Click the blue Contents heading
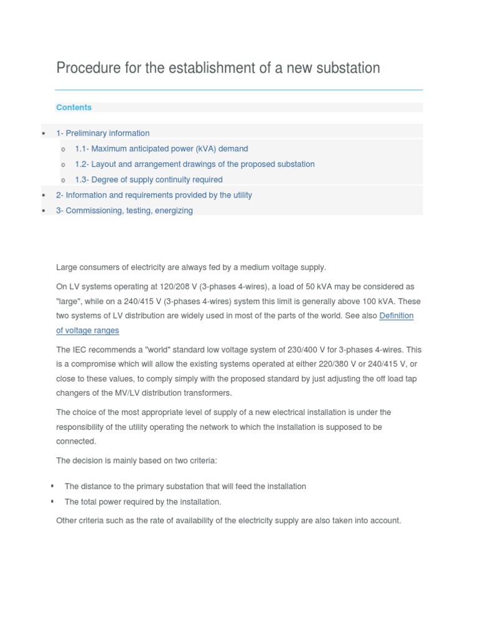click(x=73, y=107)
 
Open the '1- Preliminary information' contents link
click(x=103, y=133)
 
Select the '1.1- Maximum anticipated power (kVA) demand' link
click(x=161, y=149)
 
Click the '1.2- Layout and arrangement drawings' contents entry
click(x=194, y=164)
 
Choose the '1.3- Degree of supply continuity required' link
click(x=148, y=179)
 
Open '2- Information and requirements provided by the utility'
click(x=154, y=195)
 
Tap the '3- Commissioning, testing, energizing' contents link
click(x=124, y=211)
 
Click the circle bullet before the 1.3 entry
click(x=63, y=180)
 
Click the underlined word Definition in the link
click(x=396, y=316)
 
